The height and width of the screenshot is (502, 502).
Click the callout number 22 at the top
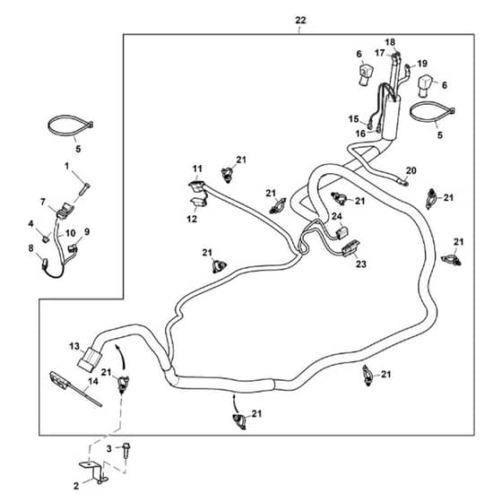[300, 21]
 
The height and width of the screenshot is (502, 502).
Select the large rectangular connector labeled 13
[90, 359]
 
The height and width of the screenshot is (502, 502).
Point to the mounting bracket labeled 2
[93, 472]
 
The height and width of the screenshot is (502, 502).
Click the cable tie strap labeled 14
[75, 389]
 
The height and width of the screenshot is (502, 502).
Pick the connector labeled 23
[351, 247]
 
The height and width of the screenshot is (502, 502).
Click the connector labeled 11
[195, 186]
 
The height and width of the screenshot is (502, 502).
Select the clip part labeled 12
[198, 203]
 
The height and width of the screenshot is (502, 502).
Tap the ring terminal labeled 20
[402, 183]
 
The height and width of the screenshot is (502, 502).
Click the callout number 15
[353, 119]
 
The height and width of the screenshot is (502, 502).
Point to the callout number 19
[422, 64]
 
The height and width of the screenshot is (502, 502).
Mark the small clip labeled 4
[47, 238]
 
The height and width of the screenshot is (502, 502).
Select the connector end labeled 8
[45, 264]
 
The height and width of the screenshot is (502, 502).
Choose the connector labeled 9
[73, 248]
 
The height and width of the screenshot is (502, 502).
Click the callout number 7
[43, 202]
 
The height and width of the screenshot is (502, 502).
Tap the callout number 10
[70, 233]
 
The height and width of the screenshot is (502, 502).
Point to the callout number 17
[380, 53]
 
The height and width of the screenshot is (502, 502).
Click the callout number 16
[360, 134]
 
